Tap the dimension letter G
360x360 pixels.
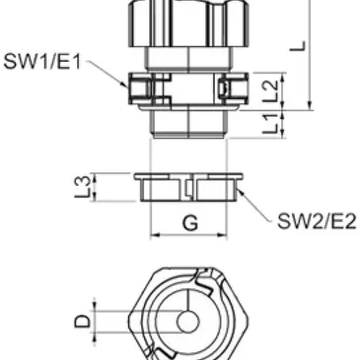pos(189,223)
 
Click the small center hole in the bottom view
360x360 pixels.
pos(188,320)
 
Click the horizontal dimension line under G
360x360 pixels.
pos(189,236)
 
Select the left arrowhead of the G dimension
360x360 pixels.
pos(156,236)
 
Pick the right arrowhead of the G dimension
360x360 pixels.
pos(224,236)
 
